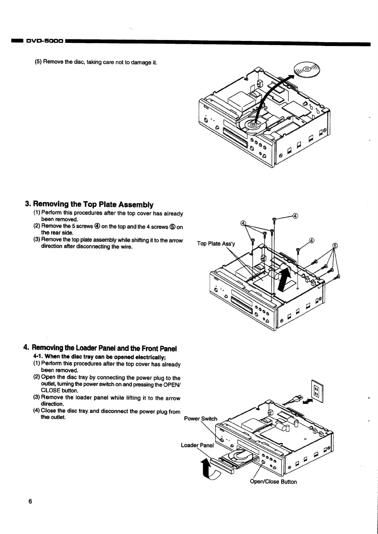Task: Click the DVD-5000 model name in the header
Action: tap(44, 41)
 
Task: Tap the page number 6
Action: tap(30, 502)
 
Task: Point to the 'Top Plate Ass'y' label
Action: tap(216, 244)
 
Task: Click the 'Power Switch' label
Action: tap(201, 419)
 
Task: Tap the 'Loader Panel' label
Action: tap(197, 445)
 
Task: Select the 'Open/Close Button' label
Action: tap(273, 482)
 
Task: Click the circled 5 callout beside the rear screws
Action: tap(335, 246)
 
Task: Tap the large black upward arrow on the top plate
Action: tap(284, 278)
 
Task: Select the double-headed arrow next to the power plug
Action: tap(307, 401)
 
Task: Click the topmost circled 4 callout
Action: tap(295, 216)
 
